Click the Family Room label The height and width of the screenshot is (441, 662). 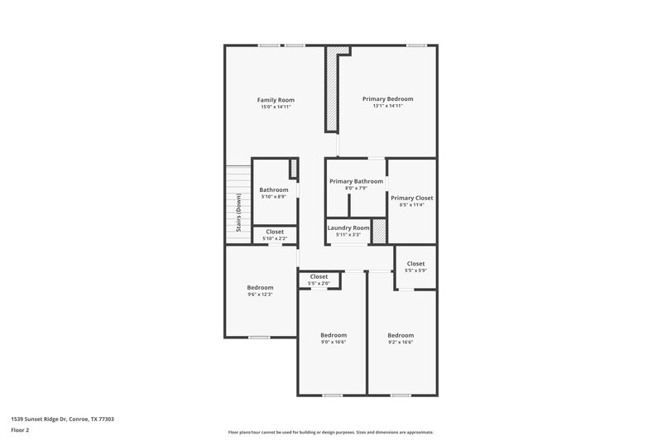tap(276, 99)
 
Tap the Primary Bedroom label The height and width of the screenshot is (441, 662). tap(387, 98)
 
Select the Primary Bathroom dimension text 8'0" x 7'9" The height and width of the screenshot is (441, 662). tap(356, 189)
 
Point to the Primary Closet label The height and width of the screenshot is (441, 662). tap(412, 198)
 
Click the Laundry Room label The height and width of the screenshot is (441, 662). tap(348, 228)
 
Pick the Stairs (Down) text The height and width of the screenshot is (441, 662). tap(238, 213)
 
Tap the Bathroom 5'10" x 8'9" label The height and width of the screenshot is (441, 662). tap(274, 189)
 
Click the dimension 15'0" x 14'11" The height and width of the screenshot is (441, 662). tap(276, 107)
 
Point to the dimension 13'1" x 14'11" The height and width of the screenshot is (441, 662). tap(387, 106)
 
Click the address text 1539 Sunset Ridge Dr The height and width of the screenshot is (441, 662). tap(63, 419)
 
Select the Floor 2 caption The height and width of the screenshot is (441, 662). tap(20, 430)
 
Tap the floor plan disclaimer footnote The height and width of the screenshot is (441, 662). tap(330, 432)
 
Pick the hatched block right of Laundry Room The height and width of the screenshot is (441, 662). tap(379, 231)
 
